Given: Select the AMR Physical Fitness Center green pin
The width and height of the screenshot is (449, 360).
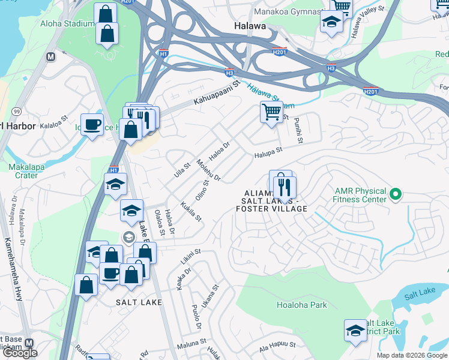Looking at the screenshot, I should (x=395, y=194).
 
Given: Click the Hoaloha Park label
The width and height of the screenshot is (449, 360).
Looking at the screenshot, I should (x=301, y=305).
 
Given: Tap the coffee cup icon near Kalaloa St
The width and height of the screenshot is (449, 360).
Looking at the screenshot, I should (x=92, y=124).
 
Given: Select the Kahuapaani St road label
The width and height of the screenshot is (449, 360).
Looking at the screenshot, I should (x=217, y=94).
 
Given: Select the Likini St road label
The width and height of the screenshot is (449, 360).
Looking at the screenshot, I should (x=190, y=257).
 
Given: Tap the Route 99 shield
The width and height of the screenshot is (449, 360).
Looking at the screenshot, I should (x=16, y=112).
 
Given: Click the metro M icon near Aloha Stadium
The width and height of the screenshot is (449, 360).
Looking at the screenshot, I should (x=51, y=56).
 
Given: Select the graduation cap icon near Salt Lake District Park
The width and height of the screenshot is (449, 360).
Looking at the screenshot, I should (x=355, y=330).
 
